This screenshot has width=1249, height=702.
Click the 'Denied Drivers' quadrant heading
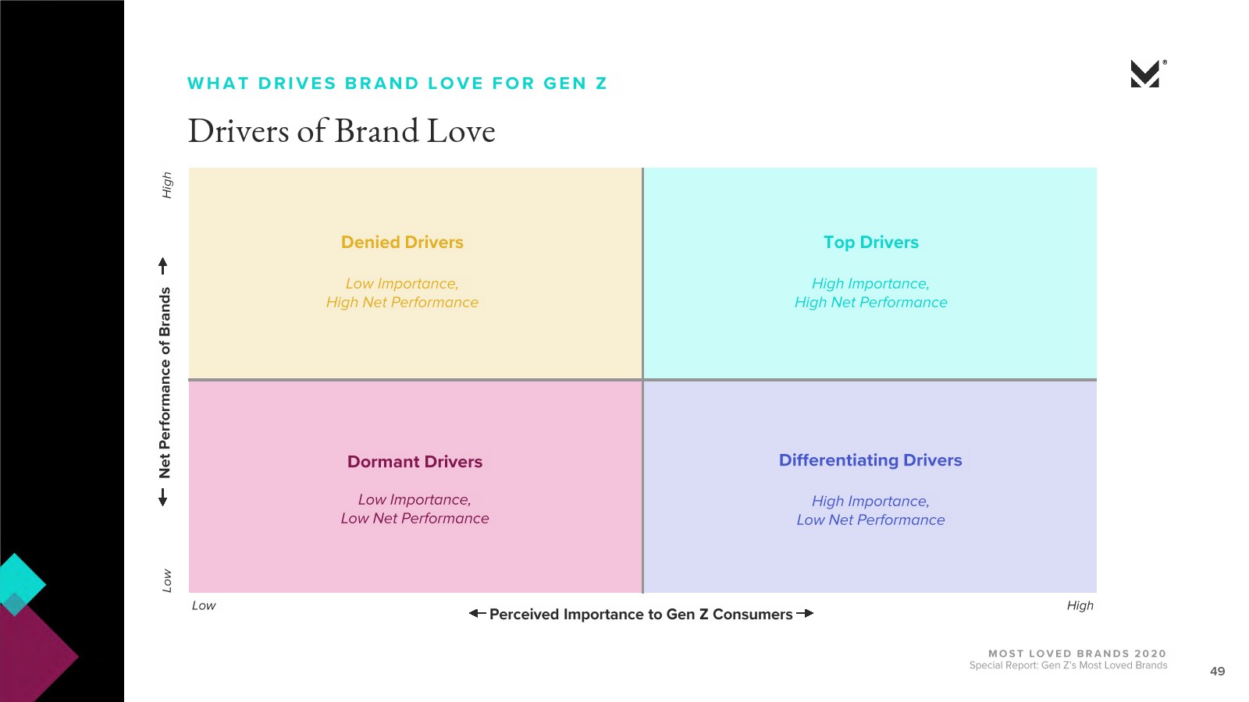[x=402, y=243]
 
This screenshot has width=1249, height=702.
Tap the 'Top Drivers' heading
[x=871, y=243]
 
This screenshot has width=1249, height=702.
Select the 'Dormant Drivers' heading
[x=415, y=462]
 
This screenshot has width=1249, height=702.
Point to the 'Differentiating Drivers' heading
[x=870, y=460]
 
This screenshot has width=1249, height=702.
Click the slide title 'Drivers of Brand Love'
[x=342, y=132]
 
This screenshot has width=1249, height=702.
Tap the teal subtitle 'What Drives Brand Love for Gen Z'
[x=397, y=83]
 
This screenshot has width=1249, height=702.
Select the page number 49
[x=1217, y=672]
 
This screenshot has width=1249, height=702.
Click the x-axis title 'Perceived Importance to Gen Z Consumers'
[x=641, y=615]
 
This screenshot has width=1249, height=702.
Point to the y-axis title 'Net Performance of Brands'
[x=165, y=383]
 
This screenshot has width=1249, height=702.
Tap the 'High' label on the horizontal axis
[x=1080, y=605]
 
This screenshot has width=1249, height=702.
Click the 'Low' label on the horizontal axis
[x=204, y=605]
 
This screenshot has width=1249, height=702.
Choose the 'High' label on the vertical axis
[x=167, y=185]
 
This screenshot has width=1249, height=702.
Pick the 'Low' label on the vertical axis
[x=167, y=580]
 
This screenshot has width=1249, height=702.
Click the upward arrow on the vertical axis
[x=163, y=266]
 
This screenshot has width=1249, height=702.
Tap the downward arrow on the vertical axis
[x=163, y=498]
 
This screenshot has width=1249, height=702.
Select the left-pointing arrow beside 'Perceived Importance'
[x=477, y=613]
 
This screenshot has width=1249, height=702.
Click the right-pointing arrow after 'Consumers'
[x=805, y=613]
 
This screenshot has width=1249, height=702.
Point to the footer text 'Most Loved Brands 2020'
[x=1077, y=654]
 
